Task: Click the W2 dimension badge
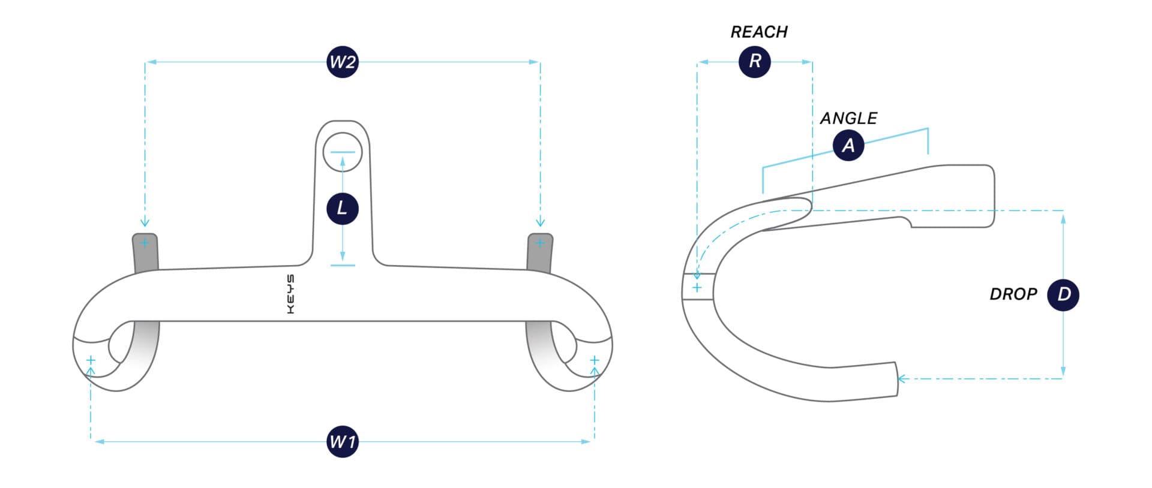coord(343,62)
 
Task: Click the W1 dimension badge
coord(343,442)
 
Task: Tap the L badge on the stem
coord(342,209)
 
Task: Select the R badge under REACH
coord(755,62)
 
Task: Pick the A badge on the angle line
coord(848,145)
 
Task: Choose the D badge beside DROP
coord(1063,294)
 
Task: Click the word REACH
coord(759,32)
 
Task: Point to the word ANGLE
coord(848,118)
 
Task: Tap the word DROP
coord(1013,294)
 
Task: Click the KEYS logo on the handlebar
coord(290,294)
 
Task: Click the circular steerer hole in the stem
coord(343,152)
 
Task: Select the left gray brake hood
coord(145,252)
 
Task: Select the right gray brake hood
coord(539,252)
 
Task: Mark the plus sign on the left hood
coord(145,243)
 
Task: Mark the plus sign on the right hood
coord(540,243)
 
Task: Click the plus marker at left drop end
coord(91,360)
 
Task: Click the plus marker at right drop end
coord(595,360)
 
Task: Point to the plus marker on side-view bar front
coord(697,288)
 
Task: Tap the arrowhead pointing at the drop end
coord(901,378)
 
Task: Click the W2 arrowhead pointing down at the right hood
coord(540,223)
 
